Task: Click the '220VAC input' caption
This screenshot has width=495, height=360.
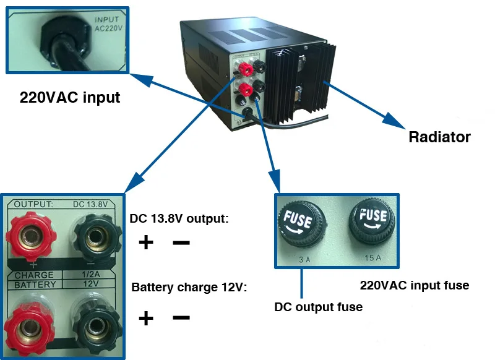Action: click(x=70, y=97)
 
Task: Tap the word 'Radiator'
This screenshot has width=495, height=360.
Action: click(x=439, y=137)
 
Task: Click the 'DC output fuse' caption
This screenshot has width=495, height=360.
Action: click(x=318, y=306)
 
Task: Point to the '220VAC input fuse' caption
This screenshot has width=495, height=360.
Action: click(x=414, y=285)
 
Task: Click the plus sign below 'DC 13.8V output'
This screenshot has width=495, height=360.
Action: click(x=145, y=242)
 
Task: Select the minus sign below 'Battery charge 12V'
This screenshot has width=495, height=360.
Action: click(x=181, y=317)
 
